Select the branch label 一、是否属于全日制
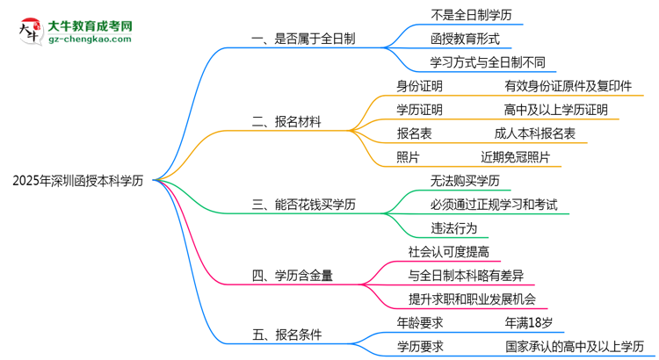click(304, 39)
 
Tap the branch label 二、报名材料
click(286, 123)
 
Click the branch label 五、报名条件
click(286, 335)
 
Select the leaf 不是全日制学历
click(472, 16)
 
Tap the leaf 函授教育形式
click(466, 39)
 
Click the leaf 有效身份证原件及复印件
click(567, 86)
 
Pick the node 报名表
click(414, 133)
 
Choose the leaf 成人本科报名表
click(534, 133)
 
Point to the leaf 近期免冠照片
click(515, 157)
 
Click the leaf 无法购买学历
click(465, 181)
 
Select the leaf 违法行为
click(453, 228)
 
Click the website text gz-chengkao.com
click(90, 40)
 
